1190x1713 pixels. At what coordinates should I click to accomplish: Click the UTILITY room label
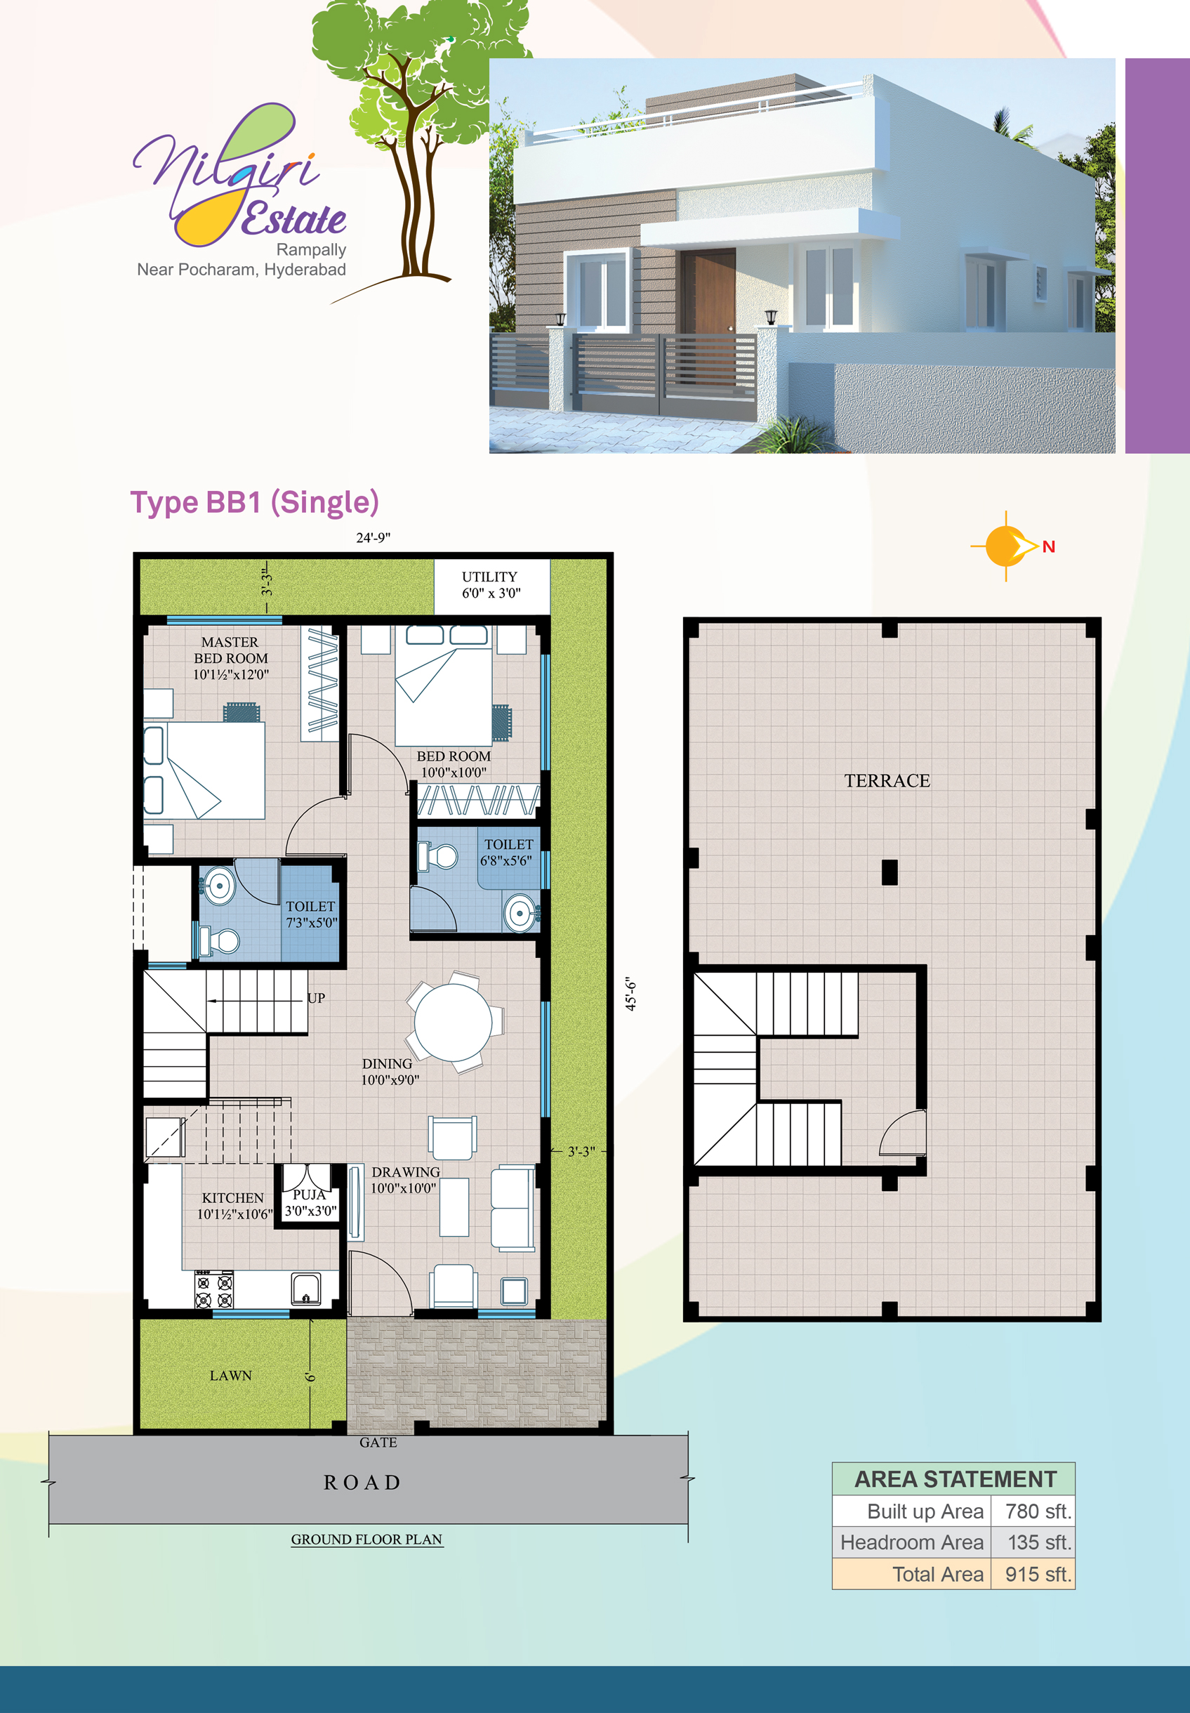490,584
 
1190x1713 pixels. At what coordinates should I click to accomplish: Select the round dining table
453,1022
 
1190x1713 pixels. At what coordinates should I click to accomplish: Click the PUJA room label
310,1202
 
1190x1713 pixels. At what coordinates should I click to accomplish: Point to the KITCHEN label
232,1205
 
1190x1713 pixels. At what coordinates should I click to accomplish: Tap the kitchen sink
305,1288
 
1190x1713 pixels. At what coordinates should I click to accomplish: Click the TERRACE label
887,781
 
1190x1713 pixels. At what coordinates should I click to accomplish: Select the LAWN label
230,1375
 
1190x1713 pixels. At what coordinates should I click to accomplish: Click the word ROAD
362,1482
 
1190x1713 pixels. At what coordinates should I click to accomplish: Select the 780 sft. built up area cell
1037,1511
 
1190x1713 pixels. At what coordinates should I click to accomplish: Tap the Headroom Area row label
911,1542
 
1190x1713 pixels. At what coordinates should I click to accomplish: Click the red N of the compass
1048,546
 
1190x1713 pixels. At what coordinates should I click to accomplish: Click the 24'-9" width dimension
373,537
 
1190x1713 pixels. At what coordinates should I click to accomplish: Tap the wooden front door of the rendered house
707,291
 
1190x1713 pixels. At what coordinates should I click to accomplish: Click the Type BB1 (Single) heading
254,502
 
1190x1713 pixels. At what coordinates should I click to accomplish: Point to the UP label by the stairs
316,998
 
